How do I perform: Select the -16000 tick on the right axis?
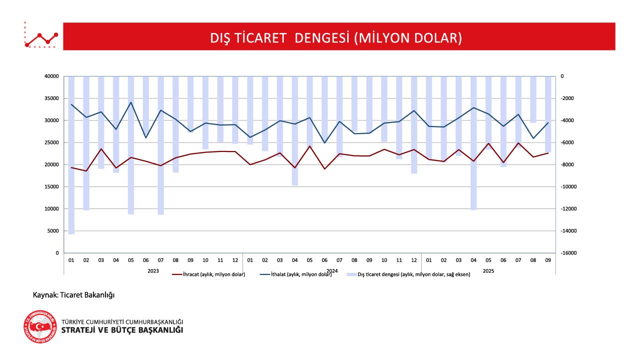pos(569,253)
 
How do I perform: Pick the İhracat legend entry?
pos(208,274)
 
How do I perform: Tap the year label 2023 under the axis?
pos(153,270)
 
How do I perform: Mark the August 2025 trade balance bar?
pos(533,99)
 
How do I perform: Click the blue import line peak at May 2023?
pos(131,102)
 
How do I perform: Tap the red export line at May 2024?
pos(310,146)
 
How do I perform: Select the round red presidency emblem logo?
pos(40,326)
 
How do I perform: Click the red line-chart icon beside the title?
pos(41,36)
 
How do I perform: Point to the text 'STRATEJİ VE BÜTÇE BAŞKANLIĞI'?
pos(122,330)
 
